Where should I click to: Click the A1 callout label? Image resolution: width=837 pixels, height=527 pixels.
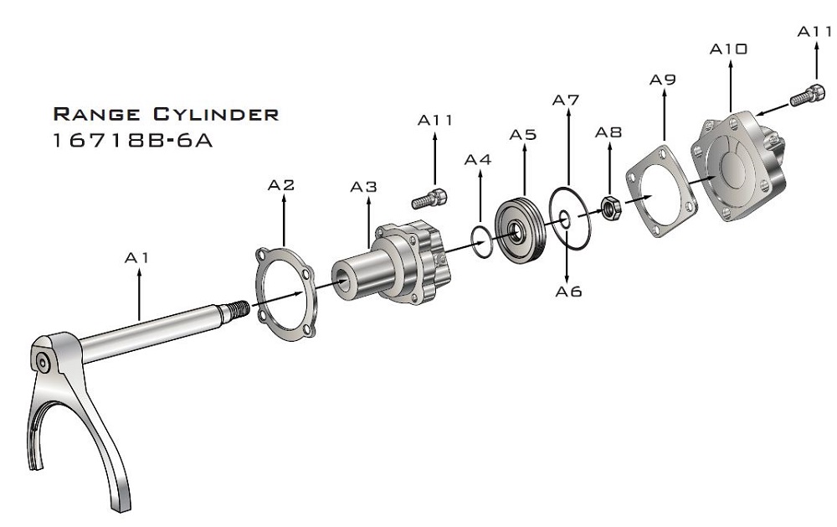(136, 258)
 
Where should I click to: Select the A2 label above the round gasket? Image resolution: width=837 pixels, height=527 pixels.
(280, 185)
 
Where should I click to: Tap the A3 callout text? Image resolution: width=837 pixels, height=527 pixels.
(363, 187)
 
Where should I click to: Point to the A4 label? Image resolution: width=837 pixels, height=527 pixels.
(478, 160)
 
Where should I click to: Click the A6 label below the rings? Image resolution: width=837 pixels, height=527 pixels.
(568, 292)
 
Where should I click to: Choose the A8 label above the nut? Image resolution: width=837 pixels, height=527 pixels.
(608, 132)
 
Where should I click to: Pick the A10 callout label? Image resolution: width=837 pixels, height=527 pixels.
(728, 49)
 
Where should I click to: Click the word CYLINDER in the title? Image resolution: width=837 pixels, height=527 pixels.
(216, 114)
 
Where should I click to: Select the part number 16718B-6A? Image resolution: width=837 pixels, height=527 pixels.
(133, 141)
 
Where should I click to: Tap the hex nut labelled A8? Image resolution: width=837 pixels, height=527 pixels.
(610, 208)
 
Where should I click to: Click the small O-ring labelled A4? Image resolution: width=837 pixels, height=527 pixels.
(481, 241)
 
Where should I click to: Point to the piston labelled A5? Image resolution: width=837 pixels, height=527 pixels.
(520, 230)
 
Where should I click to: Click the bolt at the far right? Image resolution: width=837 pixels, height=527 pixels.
(808, 96)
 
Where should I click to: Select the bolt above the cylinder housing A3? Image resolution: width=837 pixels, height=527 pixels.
(429, 199)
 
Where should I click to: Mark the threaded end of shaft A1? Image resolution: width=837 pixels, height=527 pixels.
(238, 308)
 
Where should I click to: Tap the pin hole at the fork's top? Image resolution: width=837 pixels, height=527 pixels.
(43, 363)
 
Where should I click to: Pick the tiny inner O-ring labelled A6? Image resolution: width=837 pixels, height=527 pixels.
(563, 218)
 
